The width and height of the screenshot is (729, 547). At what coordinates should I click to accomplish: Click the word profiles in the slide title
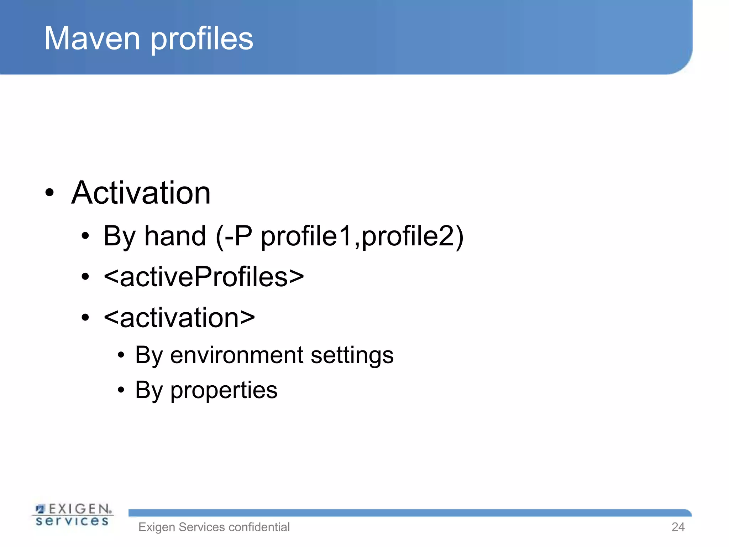click(x=202, y=39)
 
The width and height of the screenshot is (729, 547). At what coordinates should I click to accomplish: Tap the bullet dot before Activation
click(x=49, y=193)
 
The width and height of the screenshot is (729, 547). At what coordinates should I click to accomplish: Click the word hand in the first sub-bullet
click(x=175, y=236)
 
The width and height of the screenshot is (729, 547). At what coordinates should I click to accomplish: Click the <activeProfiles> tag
click(x=204, y=277)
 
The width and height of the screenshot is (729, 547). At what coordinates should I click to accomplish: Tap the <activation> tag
click(x=179, y=317)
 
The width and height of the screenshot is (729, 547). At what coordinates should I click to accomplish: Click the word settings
click(x=352, y=356)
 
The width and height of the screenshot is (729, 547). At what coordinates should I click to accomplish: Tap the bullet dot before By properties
click(x=121, y=390)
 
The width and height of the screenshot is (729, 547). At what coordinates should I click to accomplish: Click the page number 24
click(x=678, y=527)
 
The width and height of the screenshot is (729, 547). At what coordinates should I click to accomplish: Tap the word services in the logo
click(x=72, y=521)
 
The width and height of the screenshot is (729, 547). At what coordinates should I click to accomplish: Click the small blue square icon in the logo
click(x=41, y=509)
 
